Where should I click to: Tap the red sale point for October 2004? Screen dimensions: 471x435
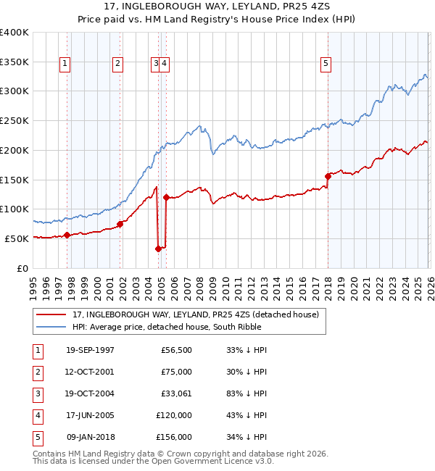pos(158,249)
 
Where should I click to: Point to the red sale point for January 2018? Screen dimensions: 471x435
pos(328,175)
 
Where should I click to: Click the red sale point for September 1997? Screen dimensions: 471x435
pos(67,235)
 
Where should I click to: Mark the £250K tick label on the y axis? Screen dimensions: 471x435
pos(14,120)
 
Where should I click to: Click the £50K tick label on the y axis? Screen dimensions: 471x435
pos(16,238)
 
